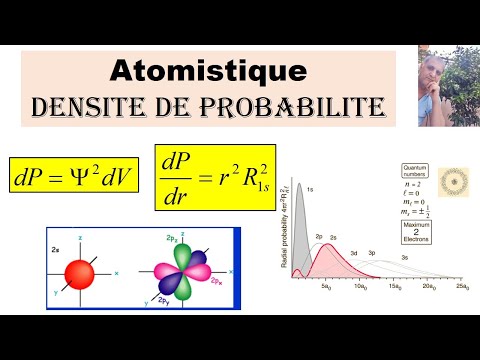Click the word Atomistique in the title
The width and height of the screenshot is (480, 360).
click(207, 70)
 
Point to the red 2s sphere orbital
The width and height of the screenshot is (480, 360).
click(79, 273)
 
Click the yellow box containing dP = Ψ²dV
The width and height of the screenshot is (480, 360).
click(76, 177)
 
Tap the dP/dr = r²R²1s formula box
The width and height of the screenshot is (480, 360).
click(213, 177)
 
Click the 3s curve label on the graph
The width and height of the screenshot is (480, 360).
click(404, 257)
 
